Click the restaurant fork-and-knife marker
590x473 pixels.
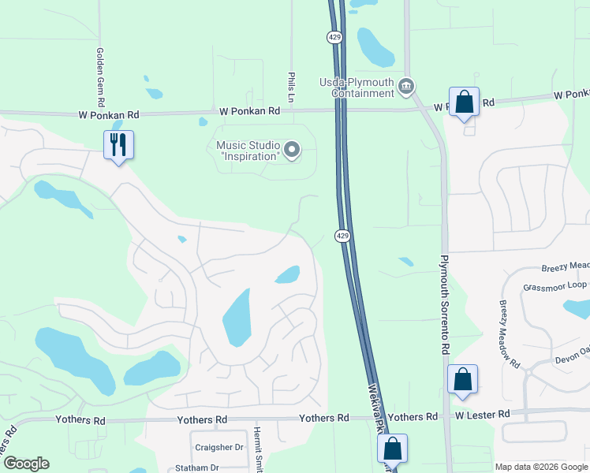click(x=118, y=144)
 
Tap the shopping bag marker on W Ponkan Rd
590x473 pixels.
click(x=464, y=102)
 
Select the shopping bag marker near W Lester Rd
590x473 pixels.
click(x=462, y=380)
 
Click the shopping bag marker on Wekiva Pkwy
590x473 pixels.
click(x=392, y=449)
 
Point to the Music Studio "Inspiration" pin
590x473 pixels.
click(x=292, y=149)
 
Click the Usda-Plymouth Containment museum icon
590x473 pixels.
click(x=406, y=86)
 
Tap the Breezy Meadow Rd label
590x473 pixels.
click(x=509, y=333)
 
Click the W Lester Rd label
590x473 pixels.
click(x=480, y=414)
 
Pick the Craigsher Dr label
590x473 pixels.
click(x=220, y=447)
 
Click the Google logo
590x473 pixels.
click(x=26, y=464)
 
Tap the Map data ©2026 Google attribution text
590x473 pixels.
click(x=541, y=467)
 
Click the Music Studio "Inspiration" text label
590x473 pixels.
click(x=249, y=150)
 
